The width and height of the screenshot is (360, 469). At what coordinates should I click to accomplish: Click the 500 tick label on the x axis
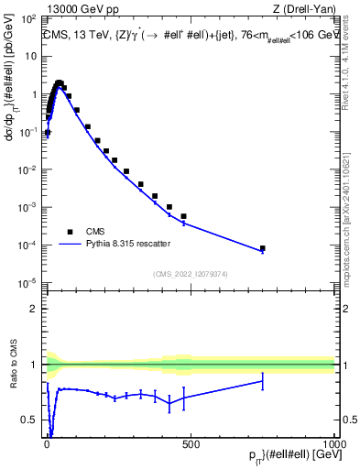[191, 444]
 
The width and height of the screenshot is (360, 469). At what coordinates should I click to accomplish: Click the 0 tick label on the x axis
[47, 444]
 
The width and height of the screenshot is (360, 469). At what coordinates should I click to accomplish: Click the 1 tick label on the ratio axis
[33, 365]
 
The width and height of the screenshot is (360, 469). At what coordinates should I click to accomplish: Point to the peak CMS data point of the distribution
[60, 82]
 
